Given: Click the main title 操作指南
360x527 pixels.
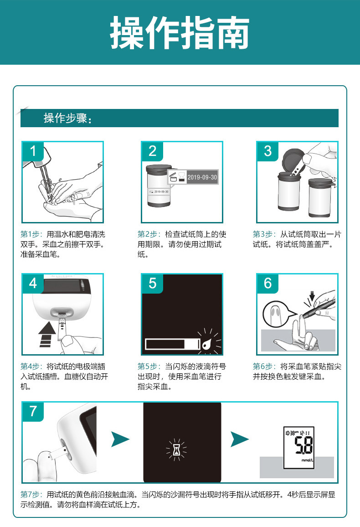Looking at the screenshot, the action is coord(180,33).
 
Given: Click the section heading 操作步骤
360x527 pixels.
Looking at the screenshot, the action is coord(67,119).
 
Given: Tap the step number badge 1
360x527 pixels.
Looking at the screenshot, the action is coord(33,151).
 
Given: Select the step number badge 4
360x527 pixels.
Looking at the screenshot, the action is coord(33,283).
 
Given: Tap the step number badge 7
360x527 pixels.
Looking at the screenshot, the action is coord(33,411).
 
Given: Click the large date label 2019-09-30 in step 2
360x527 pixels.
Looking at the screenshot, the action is coord(202,177).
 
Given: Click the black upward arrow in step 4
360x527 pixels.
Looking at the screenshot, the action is coord(47,334).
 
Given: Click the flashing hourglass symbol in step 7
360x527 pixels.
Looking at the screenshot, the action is coord(177,450).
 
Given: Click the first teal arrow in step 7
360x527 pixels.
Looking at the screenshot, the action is coord(120,439).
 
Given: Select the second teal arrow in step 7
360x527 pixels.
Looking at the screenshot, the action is coord(240,439).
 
